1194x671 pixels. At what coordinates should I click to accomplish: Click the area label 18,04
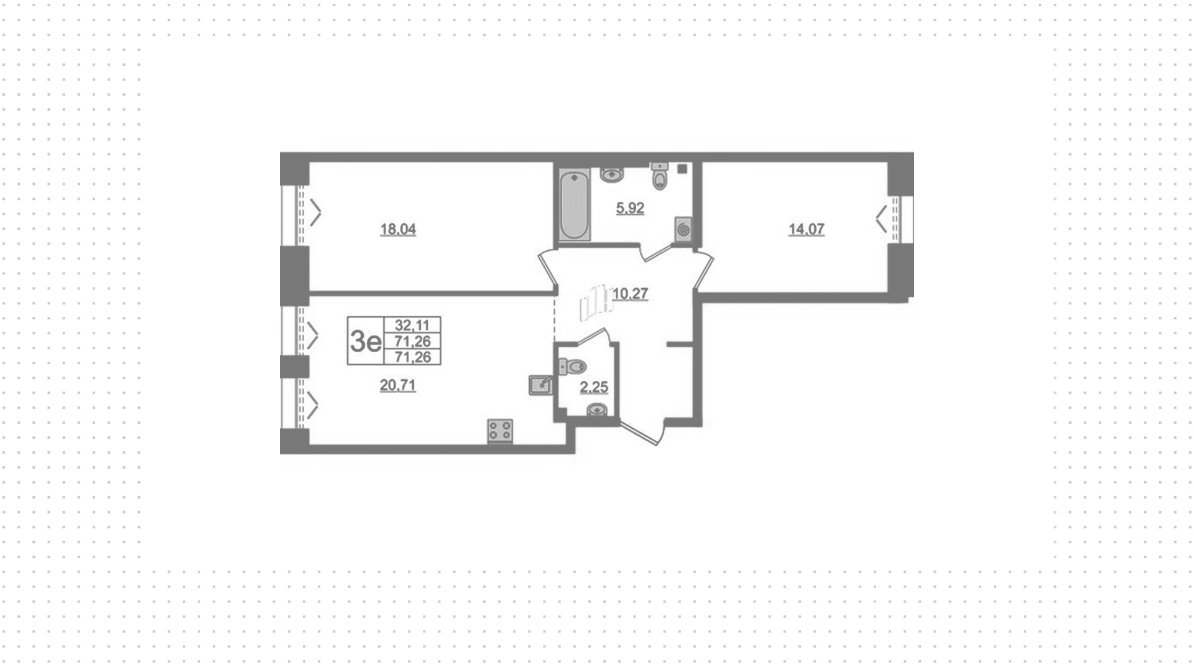tap(398, 230)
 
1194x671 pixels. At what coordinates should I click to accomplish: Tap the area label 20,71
tap(398, 386)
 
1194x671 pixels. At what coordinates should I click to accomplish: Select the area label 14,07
tap(807, 230)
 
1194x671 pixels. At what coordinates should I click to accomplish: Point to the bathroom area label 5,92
tap(630, 209)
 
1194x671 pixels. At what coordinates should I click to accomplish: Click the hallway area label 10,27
tap(631, 294)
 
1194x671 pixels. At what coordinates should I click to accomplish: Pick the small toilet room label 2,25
tap(594, 388)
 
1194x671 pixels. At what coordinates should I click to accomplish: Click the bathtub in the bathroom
tap(574, 205)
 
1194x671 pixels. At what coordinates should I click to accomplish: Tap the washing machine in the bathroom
tap(683, 230)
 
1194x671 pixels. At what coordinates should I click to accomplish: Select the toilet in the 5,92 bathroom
tap(659, 176)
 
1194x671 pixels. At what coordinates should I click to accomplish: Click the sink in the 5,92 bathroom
tap(612, 174)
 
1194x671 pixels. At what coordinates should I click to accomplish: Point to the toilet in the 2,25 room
tap(573, 367)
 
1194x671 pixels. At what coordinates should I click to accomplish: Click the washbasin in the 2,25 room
tap(597, 410)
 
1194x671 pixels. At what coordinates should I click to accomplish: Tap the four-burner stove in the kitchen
tap(500, 431)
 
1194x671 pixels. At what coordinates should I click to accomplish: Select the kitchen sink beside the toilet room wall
tap(540, 385)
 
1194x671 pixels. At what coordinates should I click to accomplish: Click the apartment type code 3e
tap(366, 341)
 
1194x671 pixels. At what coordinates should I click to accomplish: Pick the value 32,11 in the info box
tap(412, 325)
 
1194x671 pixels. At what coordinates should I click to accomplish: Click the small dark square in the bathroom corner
tap(682, 169)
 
